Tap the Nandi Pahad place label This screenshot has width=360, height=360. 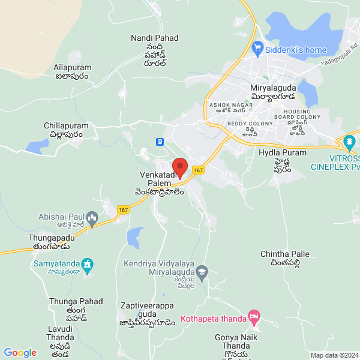tap(155, 38)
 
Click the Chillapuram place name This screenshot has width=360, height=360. tap(66, 126)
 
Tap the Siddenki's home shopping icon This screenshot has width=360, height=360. tap(258, 47)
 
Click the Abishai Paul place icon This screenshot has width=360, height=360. tap(92, 217)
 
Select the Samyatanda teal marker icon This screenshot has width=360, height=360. tap(88, 263)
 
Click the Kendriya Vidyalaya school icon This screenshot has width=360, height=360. tap(202, 271)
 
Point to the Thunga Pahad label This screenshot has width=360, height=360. tap(76, 301)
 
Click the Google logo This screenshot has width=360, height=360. tap(20, 353)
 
